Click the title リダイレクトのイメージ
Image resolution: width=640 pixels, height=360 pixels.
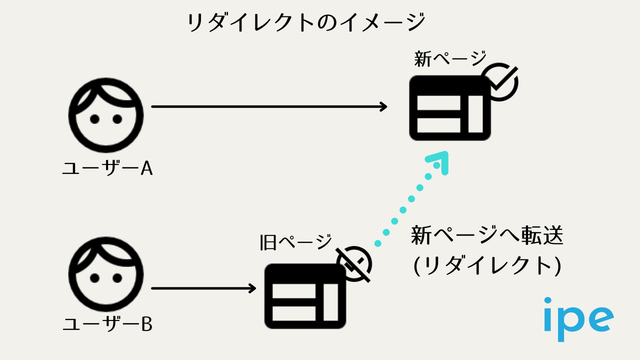(306, 22)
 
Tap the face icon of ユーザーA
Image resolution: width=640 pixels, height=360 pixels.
(106, 115)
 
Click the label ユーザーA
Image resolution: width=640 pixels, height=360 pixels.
(107, 169)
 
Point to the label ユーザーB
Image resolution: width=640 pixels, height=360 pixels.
(107, 325)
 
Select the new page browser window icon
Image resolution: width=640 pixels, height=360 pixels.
(449, 108)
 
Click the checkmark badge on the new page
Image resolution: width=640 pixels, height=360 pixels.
(498, 81)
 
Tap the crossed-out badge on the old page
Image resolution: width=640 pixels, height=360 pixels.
(354, 263)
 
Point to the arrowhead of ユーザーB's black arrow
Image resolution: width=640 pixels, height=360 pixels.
(252, 288)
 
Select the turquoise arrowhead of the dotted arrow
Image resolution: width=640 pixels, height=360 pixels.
(439, 161)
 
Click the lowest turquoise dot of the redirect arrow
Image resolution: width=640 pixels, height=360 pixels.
(378, 243)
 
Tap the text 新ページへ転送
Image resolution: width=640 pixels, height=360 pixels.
(487, 235)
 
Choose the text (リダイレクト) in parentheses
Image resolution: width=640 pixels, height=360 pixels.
(487, 265)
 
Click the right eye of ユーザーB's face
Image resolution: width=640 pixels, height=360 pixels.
(117, 277)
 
